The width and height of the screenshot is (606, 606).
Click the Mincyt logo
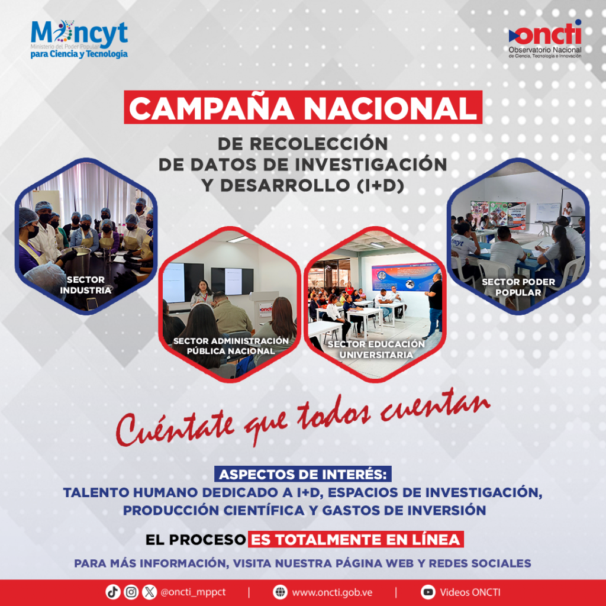(79, 39)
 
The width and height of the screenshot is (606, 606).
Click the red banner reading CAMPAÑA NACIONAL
(303, 107)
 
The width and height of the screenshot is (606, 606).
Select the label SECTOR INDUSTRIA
(86, 285)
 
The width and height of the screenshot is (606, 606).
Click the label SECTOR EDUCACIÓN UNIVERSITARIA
(376, 349)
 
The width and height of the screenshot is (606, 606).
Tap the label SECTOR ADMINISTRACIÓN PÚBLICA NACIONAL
(231, 346)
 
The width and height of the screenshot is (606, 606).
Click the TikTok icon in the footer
(113, 592)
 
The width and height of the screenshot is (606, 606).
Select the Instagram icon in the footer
(131, 592)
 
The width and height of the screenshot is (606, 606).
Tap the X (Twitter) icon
(149, 592)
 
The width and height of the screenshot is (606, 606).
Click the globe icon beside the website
(280, 592)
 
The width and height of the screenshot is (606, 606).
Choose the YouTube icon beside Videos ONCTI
(427, 592)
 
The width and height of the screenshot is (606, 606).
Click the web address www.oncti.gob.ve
(332, 592)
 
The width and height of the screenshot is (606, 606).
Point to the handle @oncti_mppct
(193, 592)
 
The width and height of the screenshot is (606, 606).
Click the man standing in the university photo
(435, 302)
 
